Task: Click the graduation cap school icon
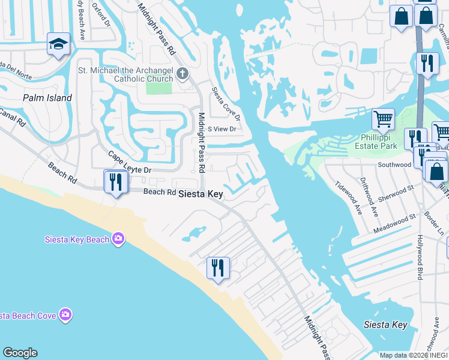click(x=58, y=44)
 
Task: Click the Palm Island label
click(x=47, y=98)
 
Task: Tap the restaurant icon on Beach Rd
click(x=115, y=181)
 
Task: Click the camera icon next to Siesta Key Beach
click(x=118, y=239)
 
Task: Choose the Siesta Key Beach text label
click(x=77, y=240)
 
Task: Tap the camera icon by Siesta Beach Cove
click(x=65, y=315)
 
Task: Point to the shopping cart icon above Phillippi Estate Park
click(x=383, y=119)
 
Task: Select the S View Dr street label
click(x=222, y=129)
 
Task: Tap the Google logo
click(x=20, y=353)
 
